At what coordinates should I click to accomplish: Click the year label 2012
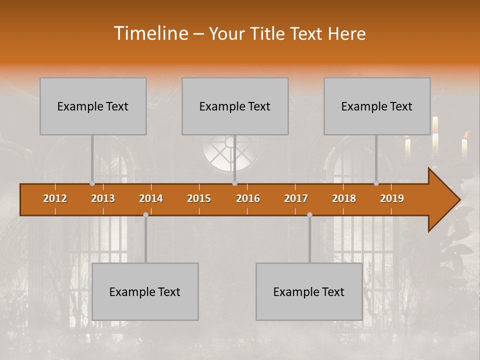click(x=55, y=198)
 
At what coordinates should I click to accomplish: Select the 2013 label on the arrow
click(x=103, y=198)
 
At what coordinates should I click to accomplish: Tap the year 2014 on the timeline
click(x=151, y=198)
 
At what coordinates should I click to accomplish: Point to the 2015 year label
click(x=199, y=198)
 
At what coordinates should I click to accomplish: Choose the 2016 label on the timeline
click(x=248, y=198)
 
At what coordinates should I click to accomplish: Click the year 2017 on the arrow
click(x=296, y=198)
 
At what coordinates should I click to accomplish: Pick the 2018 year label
click(x=344, y=198)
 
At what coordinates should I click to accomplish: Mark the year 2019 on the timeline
click(x=392, y=198)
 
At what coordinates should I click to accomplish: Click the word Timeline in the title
click(x=150, y=33)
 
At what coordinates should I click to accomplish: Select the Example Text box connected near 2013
click(x=93, y=106)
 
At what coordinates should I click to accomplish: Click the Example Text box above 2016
click(x=235, y=106)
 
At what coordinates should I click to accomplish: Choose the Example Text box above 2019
click(x=377, y=106)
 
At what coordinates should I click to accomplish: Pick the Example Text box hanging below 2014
click(x=145, y=291)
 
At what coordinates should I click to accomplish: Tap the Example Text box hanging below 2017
click(x=309, y=291)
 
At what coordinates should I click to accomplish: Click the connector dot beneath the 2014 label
click(x=145, y=214)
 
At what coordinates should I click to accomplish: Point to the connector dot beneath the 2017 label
click(x=309, y=214)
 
